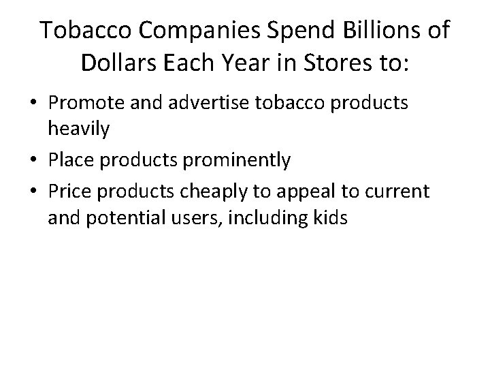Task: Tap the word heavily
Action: click(x=79, y=129)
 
